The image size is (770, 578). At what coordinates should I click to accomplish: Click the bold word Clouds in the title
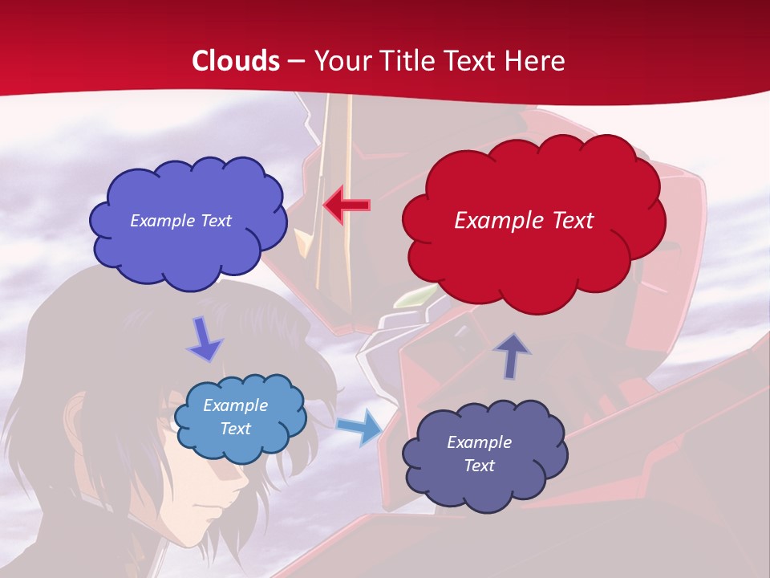point(236,61)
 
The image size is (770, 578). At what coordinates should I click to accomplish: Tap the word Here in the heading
point(535,61)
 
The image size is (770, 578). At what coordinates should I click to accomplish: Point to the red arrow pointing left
point(346,206)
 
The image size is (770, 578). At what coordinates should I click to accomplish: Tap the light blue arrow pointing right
point(359,426)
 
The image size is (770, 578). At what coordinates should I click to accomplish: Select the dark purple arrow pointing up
point(511,354)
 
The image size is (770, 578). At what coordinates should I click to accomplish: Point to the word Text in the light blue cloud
point(236,429)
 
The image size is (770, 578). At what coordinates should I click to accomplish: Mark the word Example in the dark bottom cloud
point(479,442)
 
